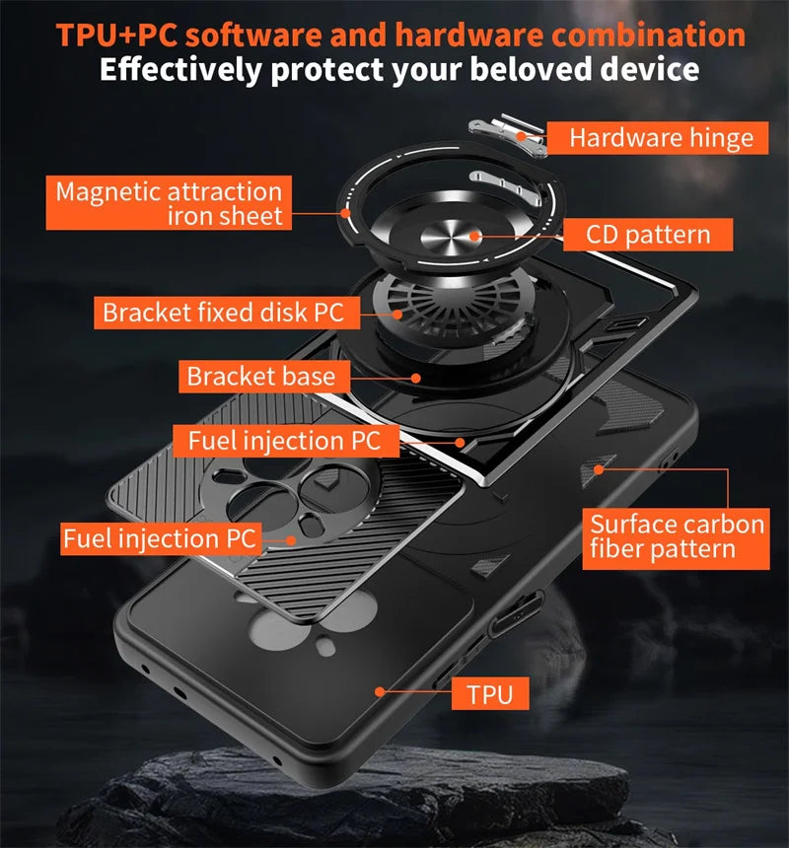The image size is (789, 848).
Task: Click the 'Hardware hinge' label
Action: click(661, 138)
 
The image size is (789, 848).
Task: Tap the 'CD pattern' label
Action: click(648, 235)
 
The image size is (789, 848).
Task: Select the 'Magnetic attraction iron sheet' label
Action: click(169, 203)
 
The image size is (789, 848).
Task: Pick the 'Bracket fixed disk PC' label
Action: click(223, 314)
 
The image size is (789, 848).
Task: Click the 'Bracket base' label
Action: click(261, 376)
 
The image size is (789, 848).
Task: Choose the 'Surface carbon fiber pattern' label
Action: click(677, 536)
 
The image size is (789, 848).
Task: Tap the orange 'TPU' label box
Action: click(491, 693)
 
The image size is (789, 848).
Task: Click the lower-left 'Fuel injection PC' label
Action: click(160, 538)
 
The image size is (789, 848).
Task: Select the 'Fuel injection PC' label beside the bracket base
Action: click(284, 440)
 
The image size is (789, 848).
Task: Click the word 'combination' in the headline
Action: click(648, 35)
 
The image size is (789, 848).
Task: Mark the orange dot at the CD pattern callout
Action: click(475, 236)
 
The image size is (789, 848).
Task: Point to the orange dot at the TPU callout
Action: click(379, 692)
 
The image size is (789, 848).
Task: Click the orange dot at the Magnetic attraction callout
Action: click(346, 211)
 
